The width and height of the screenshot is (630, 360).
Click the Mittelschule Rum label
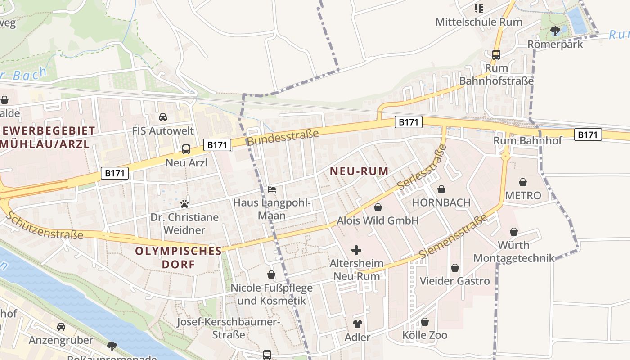[479, 22]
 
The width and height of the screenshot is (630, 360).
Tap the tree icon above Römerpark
[555, 31]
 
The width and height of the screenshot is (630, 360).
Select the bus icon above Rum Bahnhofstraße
[496, 55]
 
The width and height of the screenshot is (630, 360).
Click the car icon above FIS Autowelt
[163, 117]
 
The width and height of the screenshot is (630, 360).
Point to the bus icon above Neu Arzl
[186, 149]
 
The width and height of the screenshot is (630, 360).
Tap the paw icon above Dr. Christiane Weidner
[184, 204]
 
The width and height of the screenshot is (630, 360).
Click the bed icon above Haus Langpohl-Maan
[272, 189]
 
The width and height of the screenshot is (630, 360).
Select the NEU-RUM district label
[359, 171]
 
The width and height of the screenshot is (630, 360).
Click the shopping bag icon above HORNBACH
[441, 189]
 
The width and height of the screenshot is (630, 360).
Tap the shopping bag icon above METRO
[523, 182]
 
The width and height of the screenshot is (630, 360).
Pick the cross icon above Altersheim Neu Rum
[356, 250]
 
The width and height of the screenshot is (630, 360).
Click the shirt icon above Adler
[357, 324]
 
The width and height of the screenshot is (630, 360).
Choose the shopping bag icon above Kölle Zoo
[425, 322]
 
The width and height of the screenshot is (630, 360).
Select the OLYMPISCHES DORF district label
[179, 257]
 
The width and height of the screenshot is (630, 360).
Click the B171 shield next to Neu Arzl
[218, 144]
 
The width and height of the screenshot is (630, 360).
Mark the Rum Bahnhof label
[527, 140]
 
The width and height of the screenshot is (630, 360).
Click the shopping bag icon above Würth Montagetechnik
[514, 232]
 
